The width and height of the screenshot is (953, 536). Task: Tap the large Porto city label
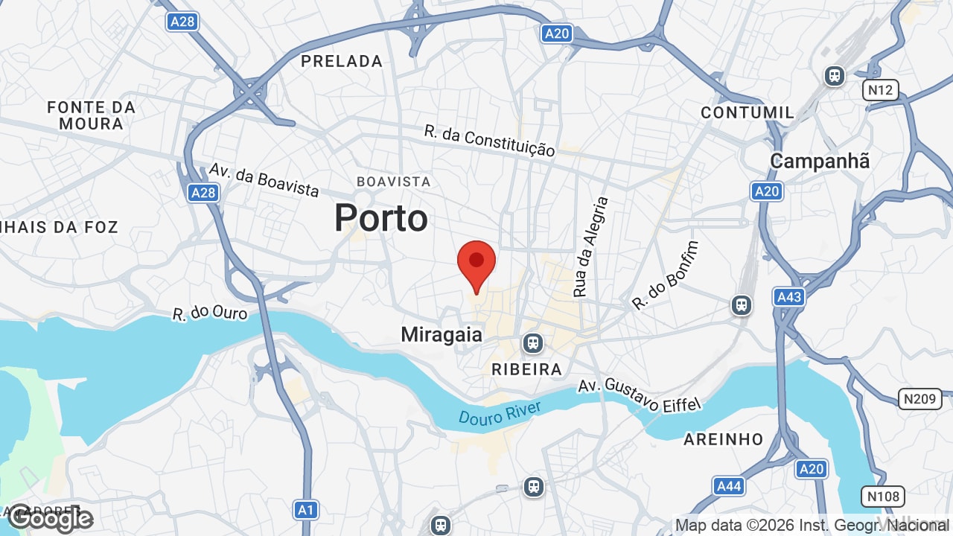[380, 218]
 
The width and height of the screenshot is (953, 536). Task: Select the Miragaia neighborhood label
[442, 335]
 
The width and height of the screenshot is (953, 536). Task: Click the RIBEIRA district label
[526, 369]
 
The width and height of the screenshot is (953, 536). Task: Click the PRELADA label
[342, 61]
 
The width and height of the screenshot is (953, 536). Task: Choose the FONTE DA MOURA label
[91, 115]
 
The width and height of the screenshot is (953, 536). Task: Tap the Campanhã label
[819, 161]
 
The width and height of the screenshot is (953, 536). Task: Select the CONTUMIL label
[748, 112]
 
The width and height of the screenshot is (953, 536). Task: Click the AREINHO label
[724, 439]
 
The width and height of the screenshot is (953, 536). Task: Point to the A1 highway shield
[305, 510]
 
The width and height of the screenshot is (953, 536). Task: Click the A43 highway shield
[788, 297]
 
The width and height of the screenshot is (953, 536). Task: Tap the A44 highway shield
[728, 486]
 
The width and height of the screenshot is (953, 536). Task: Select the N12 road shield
[881, 90]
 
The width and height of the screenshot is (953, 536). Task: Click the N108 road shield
[883, 496]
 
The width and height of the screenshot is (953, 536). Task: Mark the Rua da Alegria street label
[591, 246]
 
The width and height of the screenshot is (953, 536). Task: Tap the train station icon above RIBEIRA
[532, 343]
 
